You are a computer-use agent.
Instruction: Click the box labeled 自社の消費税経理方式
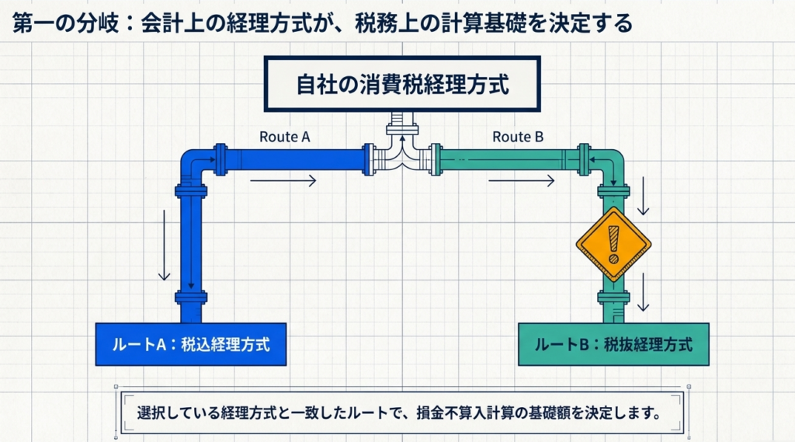pyautogui.click(x=402, y=84)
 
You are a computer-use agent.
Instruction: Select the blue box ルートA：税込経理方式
pyautogui.click(x=189, y=344)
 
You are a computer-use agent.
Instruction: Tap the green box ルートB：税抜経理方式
pyautogui.click(x=613, y=344)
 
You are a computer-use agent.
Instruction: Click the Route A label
pyautogui.click(x=285, y=137)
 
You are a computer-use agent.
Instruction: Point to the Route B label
pyautogui.click(x=518, y=137)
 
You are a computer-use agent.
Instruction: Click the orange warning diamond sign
pyautogui.click(x=613, y=244)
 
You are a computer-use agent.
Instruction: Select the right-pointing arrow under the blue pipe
pyautogui.click(x=283, y=181)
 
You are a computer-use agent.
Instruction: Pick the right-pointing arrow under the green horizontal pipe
pyautogui.click(x=521, y=181)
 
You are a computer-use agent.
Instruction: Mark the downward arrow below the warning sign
pyautogui.click(x=643, y=294)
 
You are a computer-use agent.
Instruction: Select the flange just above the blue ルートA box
pyautogui.click(x=191, y=296)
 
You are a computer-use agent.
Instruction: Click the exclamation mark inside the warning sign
pyautogui.click(x=613, y=242)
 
